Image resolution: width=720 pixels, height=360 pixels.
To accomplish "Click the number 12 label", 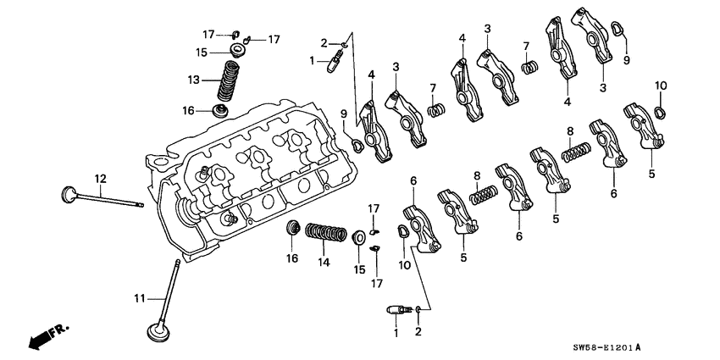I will tap(100, 178).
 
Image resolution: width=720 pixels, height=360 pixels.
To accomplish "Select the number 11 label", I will tap(141, 297).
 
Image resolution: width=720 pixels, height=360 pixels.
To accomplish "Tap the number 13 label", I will tap(195, 80).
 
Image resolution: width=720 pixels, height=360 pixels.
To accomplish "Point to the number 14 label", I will tap(321, 263).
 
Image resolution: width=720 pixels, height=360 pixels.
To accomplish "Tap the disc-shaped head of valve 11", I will tap(158, 330).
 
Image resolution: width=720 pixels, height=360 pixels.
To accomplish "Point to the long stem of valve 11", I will tap(169, 288).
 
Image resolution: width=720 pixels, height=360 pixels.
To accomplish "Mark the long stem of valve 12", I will tap(110, 199).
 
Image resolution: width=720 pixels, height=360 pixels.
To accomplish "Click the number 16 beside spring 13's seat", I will tap(189, 110).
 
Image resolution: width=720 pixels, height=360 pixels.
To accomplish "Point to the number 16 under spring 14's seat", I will tap(291, 258).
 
